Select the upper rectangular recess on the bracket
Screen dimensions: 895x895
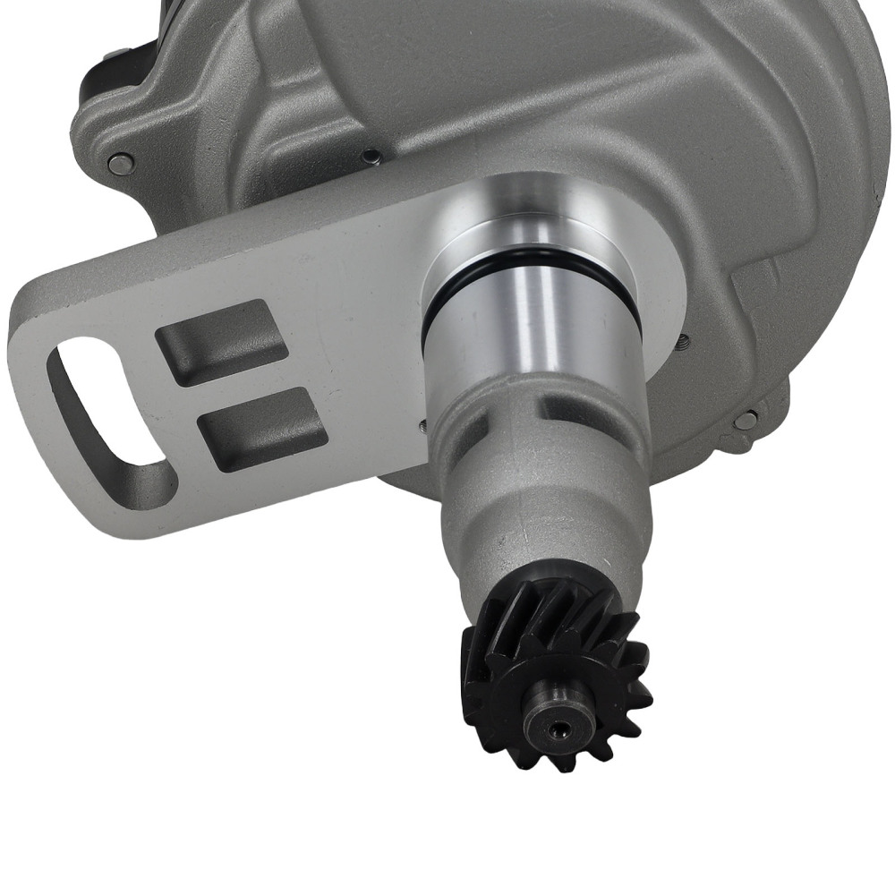pyautogui.click(x=221, y=341)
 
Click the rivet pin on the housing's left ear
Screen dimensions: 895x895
pyautogui.click(x=120, y=164)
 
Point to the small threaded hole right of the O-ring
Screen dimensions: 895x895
pyautogui.click(x=684, y=340)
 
